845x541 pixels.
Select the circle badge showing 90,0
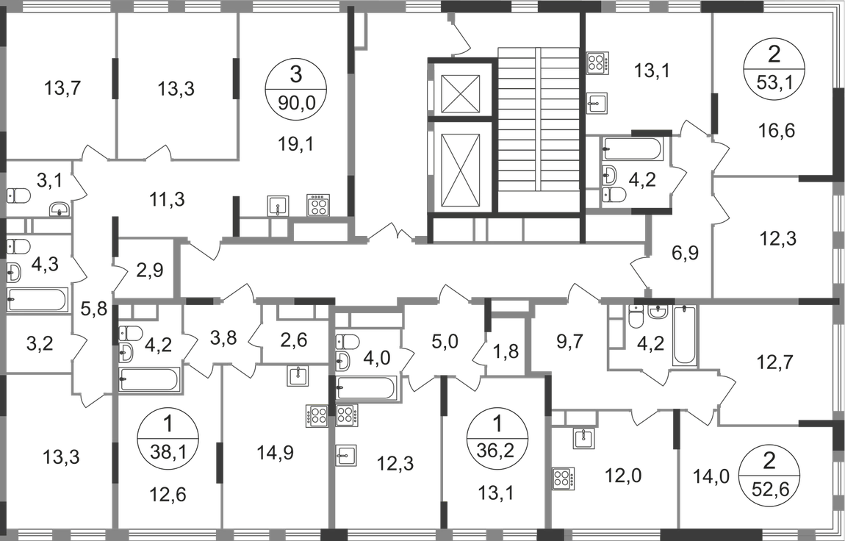(296, 85)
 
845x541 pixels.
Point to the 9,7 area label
(568, 340)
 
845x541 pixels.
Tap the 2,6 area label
(288, 340)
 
